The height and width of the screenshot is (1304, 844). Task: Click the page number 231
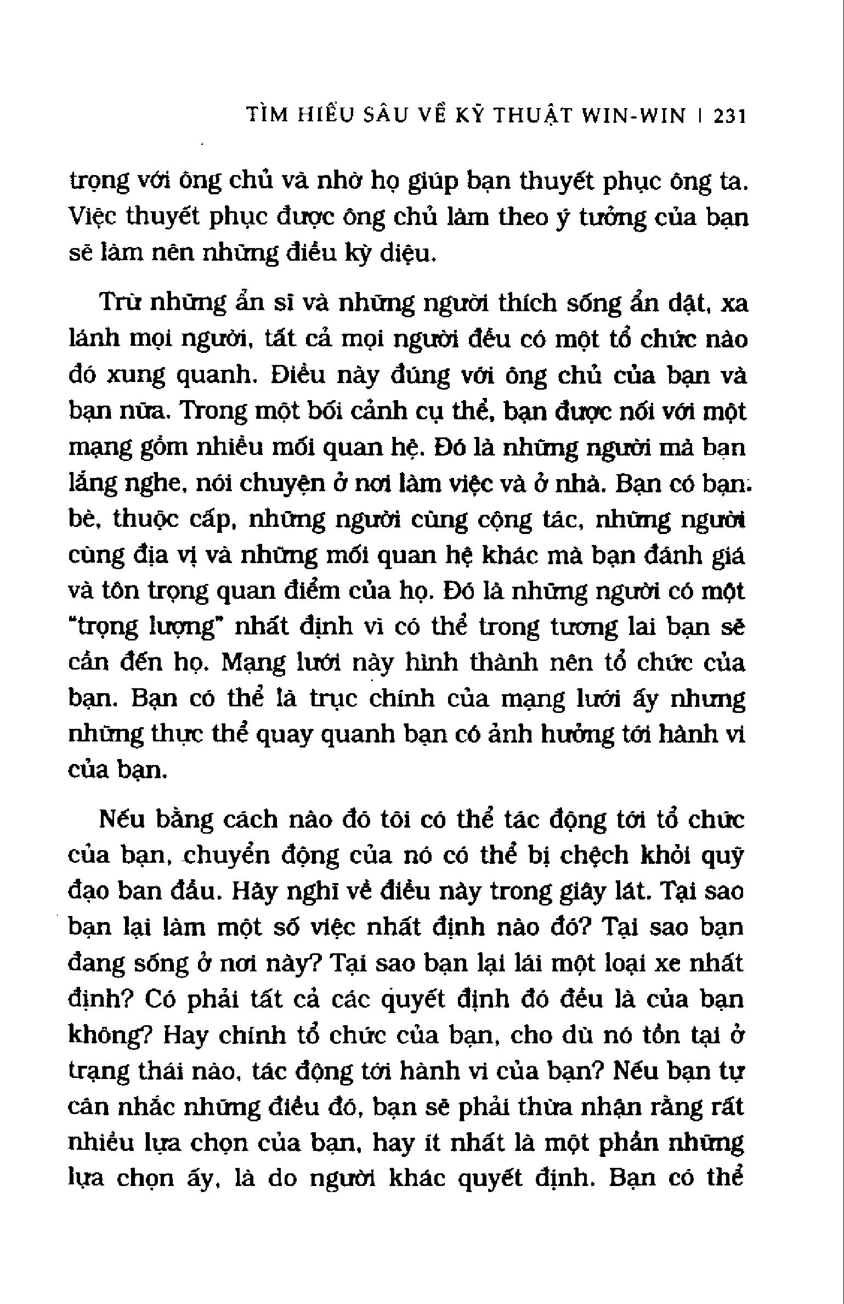tap(730, 117)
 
